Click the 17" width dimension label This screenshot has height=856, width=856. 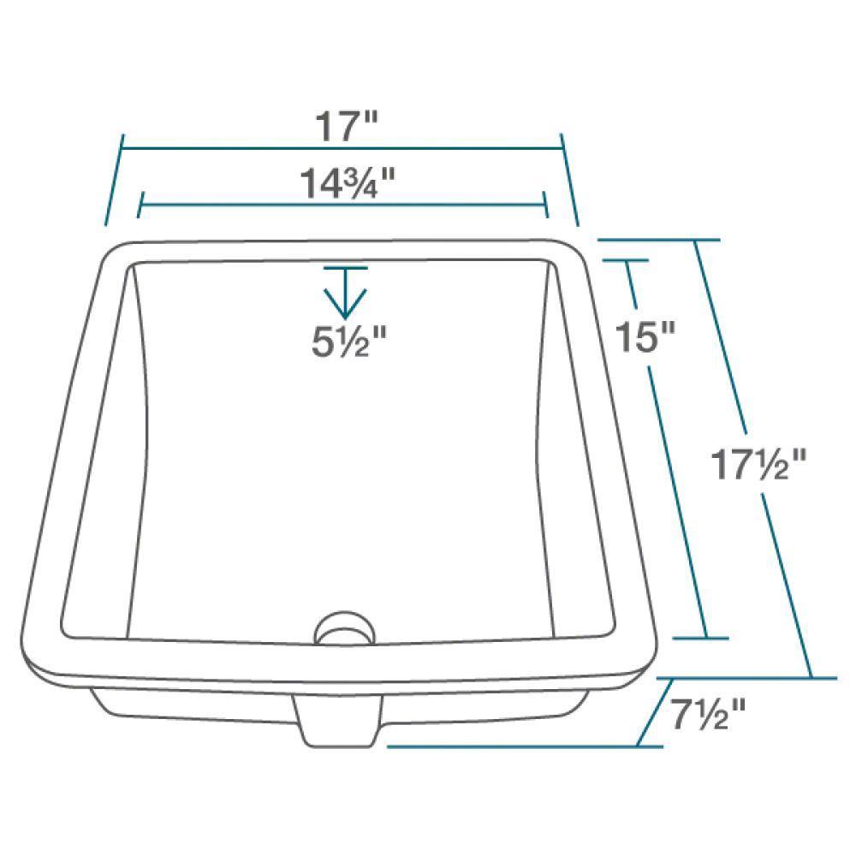tap(346, 127)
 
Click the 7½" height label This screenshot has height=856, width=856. tap(704, 714)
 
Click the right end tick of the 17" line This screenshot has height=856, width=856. tap(569, 180)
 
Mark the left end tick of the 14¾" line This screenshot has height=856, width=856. tap(140, 205)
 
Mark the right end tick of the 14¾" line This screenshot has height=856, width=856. tap(545, 205)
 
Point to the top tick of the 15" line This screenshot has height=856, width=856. tap(623, 259)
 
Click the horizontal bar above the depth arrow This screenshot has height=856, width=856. tap(345, 268)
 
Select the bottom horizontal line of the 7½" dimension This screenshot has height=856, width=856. tap(514, 746)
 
